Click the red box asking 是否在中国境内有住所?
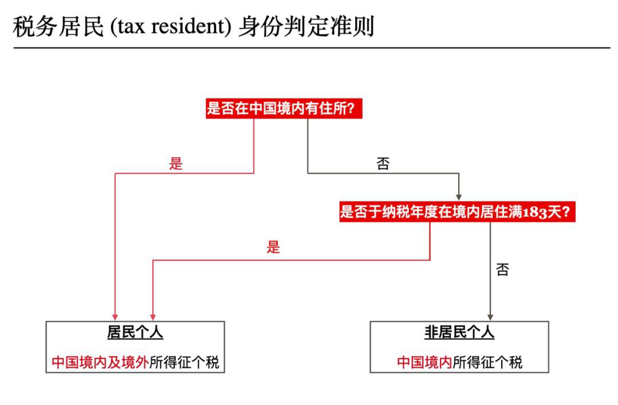tap(285, 108)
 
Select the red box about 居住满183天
tap(457, 213)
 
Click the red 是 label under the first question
tap(176, 164)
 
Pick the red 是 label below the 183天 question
tap(273, 247)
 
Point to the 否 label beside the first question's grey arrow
tap(383, 164)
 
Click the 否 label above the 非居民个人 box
tap(502, 270)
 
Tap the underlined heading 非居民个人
tap(459, 333)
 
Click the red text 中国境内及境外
tap(100, 362)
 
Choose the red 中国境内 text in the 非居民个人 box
tap(424, 362)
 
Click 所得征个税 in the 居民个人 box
tap(184, 362)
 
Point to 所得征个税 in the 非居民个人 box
tap(487, 362)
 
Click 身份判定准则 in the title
tap(306, 27)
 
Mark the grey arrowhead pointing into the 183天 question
tap(458, 196)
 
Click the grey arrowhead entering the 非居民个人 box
tap(490, 316)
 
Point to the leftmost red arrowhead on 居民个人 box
tap(115, 316)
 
